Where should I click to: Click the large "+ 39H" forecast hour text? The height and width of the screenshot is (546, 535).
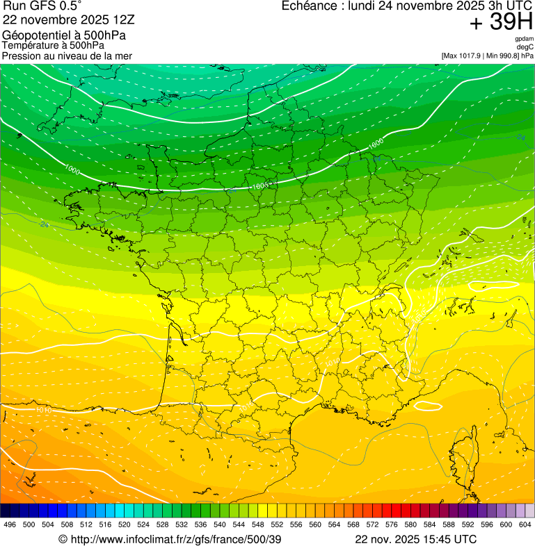(501, 22)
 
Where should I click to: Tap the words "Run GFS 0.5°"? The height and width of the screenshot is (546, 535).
(42, 7)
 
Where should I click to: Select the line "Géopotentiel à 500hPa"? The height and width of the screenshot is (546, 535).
(64, 35)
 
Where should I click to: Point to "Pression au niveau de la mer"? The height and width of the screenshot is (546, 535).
(67, 56)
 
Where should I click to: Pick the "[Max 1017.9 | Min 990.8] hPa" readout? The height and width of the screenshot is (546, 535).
(487, 56)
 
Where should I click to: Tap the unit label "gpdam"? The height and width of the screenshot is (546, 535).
(524, 39)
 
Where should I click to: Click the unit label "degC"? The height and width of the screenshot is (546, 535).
(525, 47)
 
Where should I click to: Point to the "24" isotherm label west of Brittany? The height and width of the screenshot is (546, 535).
(45, 224)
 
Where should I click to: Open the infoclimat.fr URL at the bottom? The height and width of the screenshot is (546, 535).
(170, 539)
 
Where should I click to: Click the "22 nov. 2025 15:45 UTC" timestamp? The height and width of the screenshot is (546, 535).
(416, 539)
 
